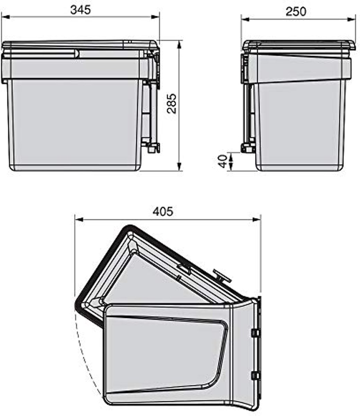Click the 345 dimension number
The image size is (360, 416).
80,10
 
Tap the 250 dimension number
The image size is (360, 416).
296,12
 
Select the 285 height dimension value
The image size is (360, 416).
172,104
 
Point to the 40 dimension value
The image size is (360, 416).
223,161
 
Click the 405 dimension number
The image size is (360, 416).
163,211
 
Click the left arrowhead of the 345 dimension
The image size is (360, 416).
6,17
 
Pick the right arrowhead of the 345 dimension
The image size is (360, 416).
155,17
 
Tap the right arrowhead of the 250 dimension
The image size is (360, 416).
351,19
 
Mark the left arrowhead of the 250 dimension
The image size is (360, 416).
245,19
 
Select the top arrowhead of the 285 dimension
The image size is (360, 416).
179,45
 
